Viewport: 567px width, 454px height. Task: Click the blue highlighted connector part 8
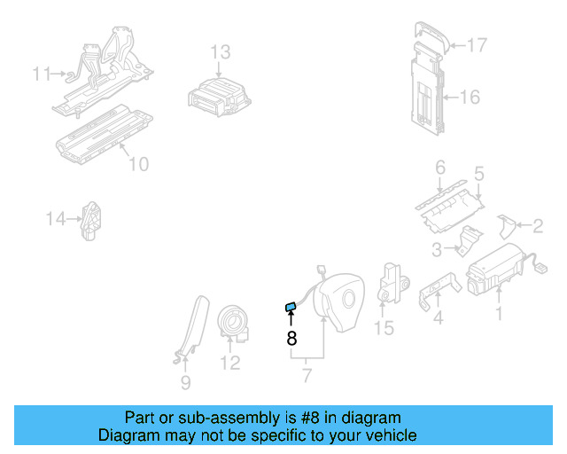click(290, 307)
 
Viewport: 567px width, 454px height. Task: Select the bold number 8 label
click(291, 338)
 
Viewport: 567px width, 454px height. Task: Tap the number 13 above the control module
click(220, 51)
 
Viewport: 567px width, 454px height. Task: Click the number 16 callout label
click(470, 96)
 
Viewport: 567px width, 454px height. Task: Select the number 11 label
click(43, 74)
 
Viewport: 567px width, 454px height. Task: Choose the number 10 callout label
click(138, 164)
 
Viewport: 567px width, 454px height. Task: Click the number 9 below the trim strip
click(185, 383)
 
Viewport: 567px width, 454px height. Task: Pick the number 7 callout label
click(307, 376)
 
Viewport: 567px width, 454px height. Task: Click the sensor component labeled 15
click(390, 281)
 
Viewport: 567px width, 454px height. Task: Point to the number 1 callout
click(498, 313)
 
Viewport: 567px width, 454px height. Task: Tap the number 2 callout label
click(537, 226)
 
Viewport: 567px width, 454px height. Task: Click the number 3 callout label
click(435, 250)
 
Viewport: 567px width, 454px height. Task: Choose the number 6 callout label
click(439, 167)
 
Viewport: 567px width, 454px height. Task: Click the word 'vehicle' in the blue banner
click(387, 435)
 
